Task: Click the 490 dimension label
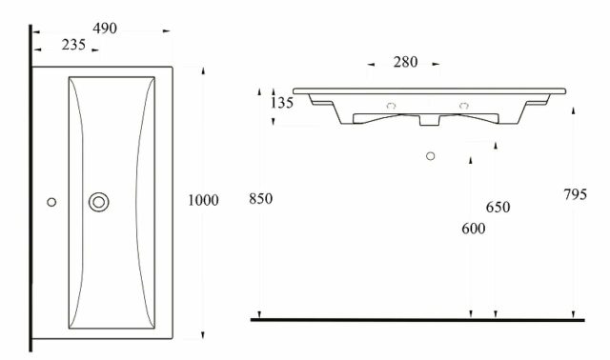(105, 29)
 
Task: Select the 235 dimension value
(73, 45)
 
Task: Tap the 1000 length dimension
(203, 200)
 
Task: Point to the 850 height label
(260, 199)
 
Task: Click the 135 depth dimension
(282, 103)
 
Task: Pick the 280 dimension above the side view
(405, 62)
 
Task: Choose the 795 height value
(576, 194)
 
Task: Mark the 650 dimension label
(498, 208)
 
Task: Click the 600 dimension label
(474, 229)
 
